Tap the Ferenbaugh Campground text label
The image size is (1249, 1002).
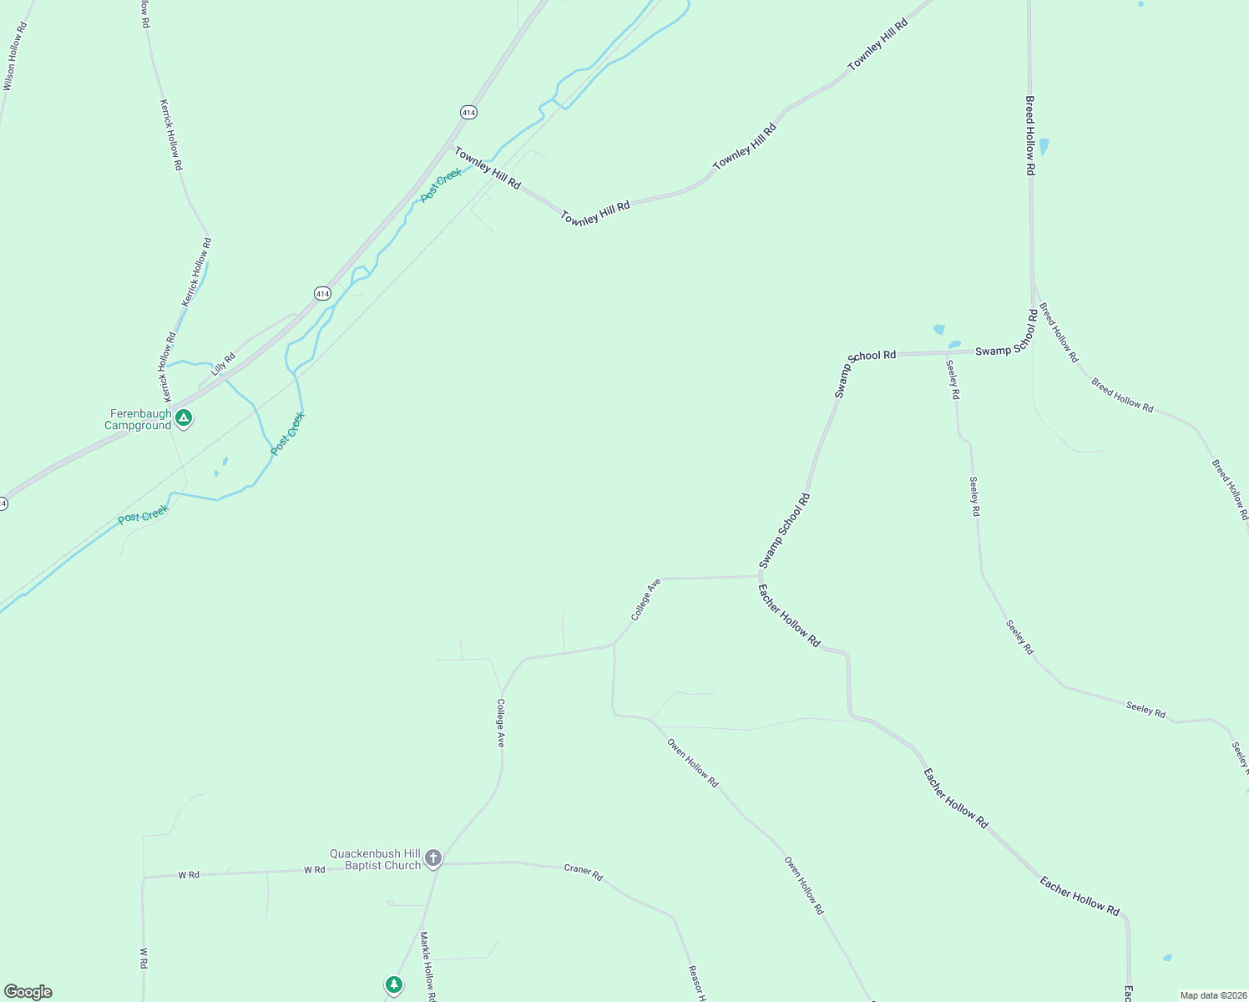(139, 419)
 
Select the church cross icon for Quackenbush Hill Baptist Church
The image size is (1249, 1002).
(432, 858)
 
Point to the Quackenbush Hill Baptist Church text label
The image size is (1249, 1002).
(375, 859)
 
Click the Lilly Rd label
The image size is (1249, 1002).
(223, 364)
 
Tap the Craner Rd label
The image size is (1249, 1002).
(583, 872)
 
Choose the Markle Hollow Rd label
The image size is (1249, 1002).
(427, 966)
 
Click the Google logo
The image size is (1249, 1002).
(28, 992)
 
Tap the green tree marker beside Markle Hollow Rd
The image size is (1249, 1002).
(394, 985)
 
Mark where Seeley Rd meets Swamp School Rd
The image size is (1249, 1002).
(947, 353)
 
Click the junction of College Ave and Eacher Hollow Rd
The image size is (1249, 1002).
(759, 576)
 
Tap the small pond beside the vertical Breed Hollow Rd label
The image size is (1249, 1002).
(1044, 147)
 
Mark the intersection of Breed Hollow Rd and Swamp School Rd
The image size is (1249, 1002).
(1033, 350)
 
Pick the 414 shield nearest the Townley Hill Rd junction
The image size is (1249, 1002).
(468, 112)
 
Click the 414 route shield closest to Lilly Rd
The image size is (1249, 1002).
(323, 293)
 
